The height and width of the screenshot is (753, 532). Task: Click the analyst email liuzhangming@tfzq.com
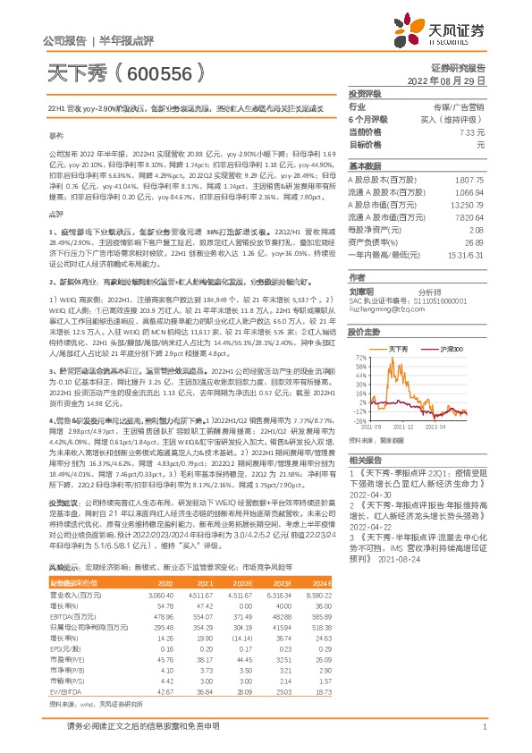(x=380, y=309)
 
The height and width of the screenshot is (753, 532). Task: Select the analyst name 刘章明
(x=360, y=290)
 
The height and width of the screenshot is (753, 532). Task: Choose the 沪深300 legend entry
(x=448, y=348)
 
